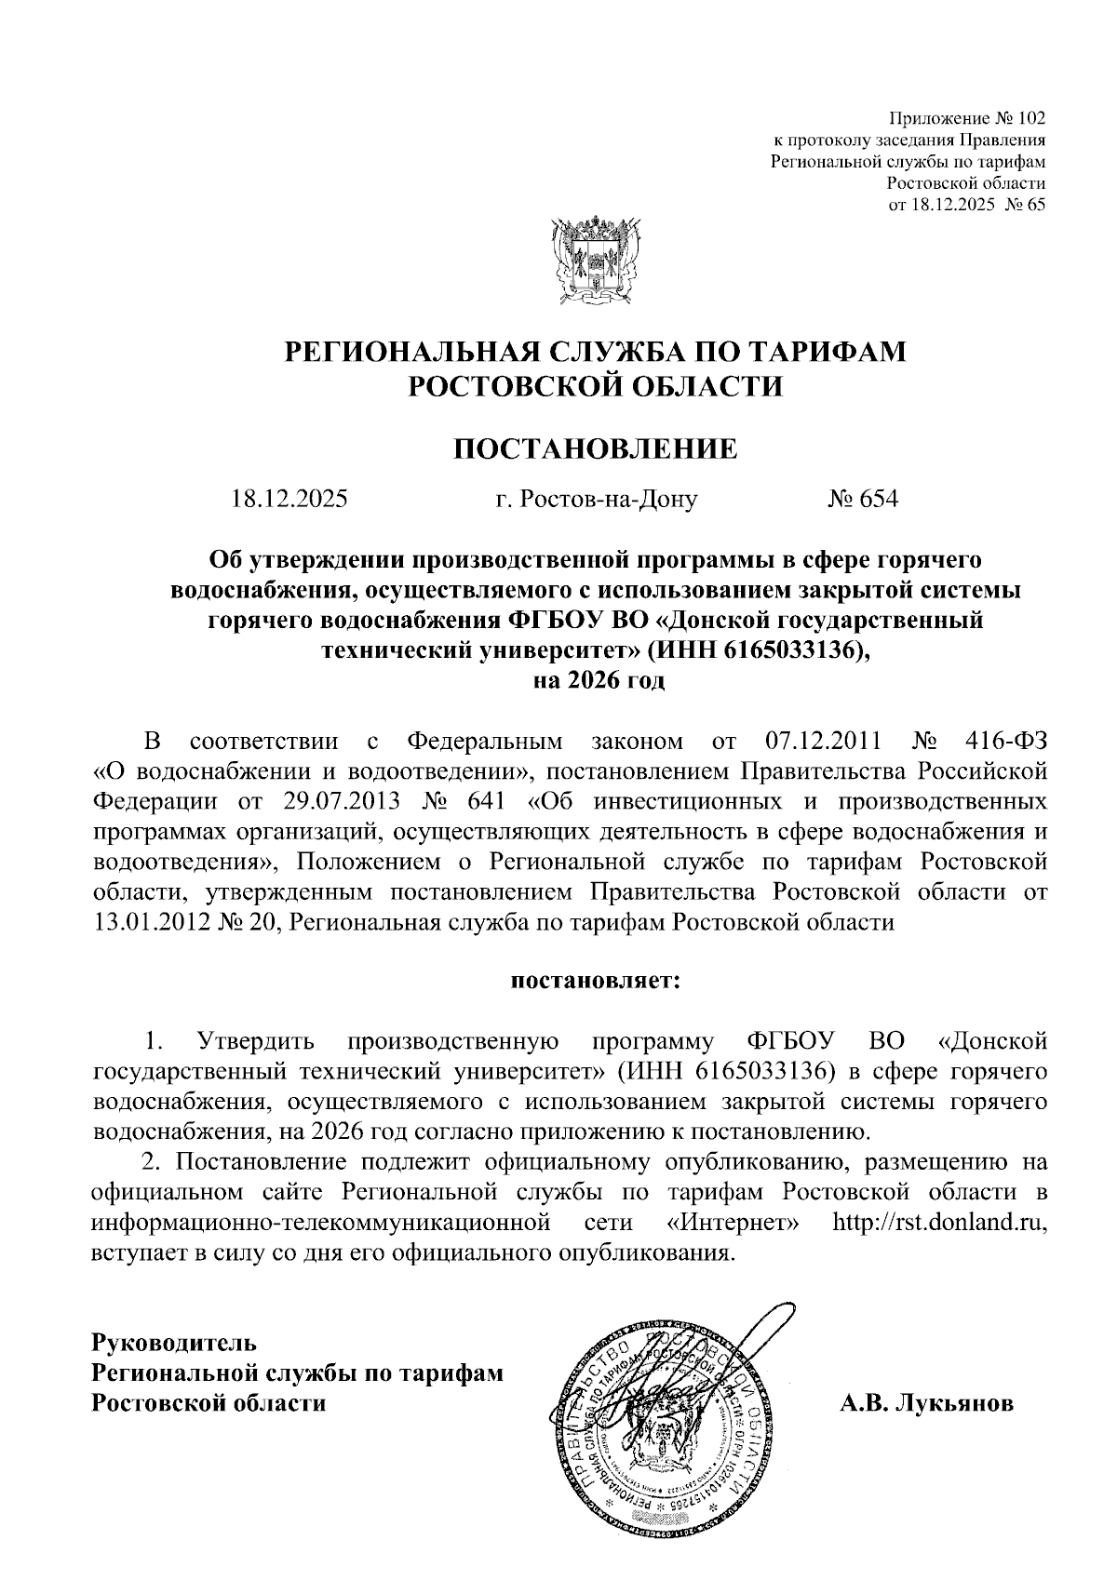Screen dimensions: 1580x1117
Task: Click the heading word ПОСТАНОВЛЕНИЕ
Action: [595, 449]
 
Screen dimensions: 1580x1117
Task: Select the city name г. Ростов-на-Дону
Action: [596, 500]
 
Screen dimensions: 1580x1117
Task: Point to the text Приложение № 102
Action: [967, 118]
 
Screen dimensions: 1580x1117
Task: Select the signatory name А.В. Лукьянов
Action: [926, 1377]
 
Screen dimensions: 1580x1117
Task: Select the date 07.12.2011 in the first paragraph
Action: [822, 743]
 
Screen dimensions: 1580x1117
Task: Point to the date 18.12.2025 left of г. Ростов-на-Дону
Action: [289, 500]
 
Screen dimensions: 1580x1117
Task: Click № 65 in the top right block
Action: [1023, 205]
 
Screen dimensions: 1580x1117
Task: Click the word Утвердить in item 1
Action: [255, 1040]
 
